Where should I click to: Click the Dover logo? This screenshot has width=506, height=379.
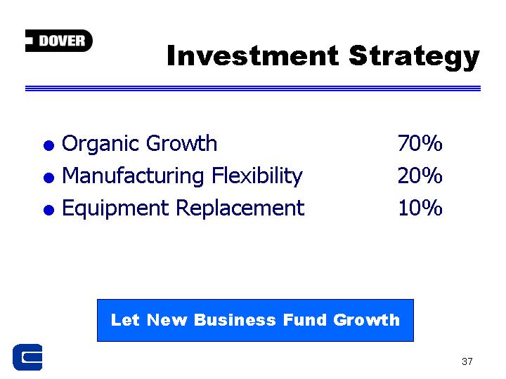coord(59,41)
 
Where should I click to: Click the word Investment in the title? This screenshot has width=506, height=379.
coord(253,55)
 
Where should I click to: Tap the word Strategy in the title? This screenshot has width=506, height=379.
coord(415,58)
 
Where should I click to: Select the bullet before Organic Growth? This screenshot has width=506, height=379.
coord(48,145)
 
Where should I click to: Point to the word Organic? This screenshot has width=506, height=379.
coord(101,144)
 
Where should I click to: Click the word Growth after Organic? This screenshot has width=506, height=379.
coord(181,143)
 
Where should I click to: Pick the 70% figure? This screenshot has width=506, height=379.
coord(420,143)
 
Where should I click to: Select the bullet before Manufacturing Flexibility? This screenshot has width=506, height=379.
coord(48,178)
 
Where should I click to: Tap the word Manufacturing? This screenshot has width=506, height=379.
coord(133,177)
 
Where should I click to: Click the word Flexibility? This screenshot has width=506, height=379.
coord(257,177)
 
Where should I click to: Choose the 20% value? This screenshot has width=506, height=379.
coord(420,175)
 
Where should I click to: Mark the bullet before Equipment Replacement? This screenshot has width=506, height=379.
coord(48,210)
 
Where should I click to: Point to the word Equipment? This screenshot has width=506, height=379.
coord(115,209)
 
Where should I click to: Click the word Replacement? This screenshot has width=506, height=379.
coord(240,209)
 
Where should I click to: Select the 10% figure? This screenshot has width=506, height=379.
coord(420,208)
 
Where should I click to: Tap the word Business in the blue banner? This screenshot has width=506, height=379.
coord(235,320)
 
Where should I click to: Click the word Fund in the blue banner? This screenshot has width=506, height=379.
coord(305,320)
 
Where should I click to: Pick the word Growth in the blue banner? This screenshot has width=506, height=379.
coord(367,320)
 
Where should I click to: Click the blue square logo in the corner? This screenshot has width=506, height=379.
coord(27,357)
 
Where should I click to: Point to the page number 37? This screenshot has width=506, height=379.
coord(467,361)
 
